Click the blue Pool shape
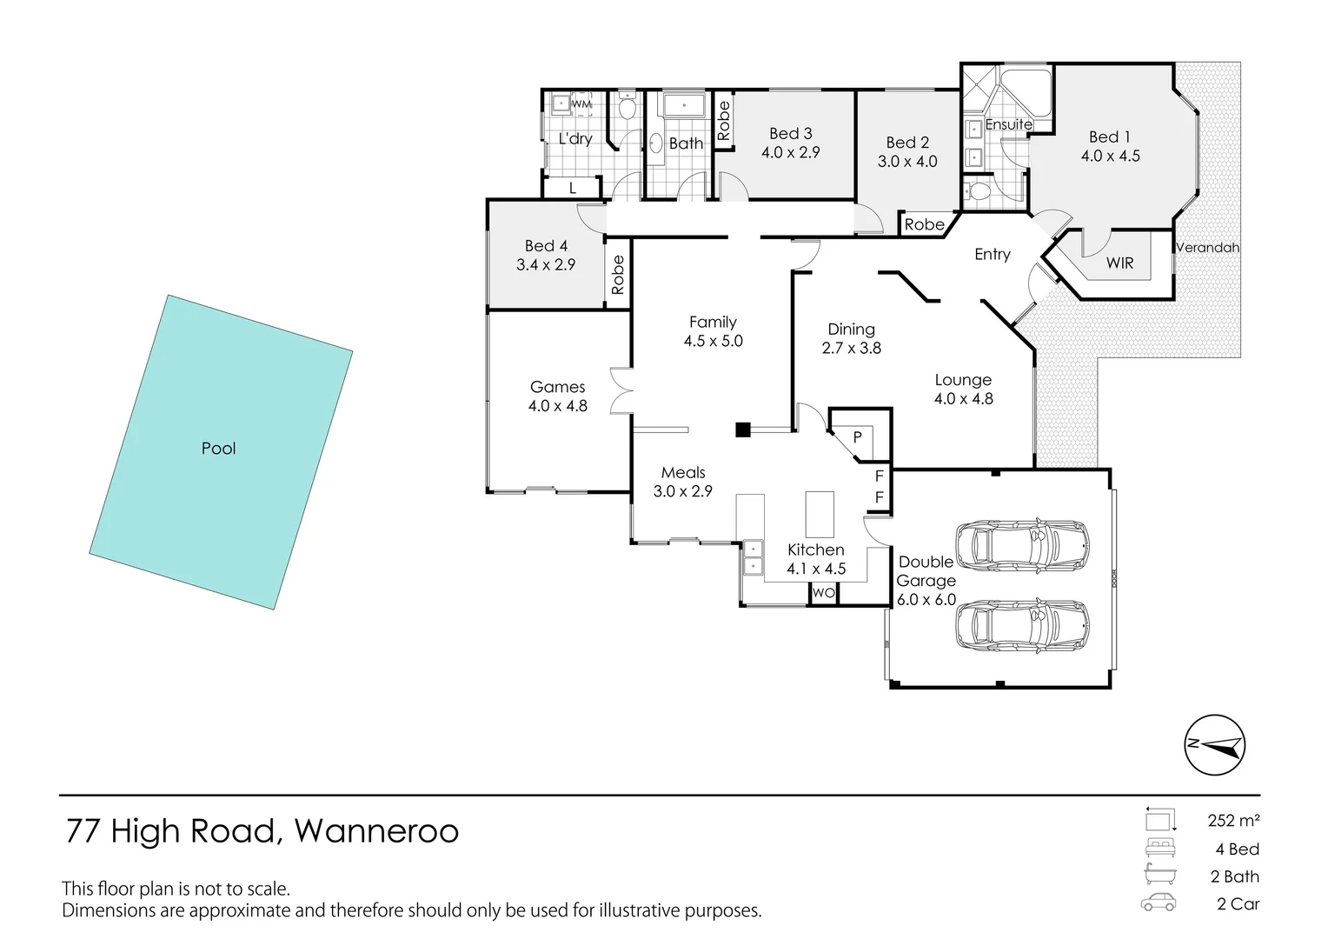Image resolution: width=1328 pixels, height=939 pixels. click(221, 452)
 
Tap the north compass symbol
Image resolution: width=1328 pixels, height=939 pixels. click(1214, 745)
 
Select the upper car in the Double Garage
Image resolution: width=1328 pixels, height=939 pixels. click(1021, 545)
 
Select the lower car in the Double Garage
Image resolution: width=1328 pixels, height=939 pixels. click(1021, 625)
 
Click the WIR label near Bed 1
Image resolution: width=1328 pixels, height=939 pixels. click(1119, 263)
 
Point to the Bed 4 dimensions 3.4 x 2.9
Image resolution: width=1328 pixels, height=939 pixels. click(546, 265)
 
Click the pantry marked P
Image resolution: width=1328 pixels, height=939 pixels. click(858, 436)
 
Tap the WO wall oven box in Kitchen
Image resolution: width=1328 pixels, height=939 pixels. click(823, 593)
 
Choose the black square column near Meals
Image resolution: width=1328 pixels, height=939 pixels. click(742, 430)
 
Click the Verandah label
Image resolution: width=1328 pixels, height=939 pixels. click(1207, 248)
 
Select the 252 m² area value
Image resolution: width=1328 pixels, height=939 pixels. click(1233, 820)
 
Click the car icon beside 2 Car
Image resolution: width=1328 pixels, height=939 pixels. click(1159, 903)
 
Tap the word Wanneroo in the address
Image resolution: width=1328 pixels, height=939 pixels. click(376, 832)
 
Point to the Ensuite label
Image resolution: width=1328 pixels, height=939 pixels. click(1008, 124)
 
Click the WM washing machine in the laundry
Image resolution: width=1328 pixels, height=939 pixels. click(581, 104)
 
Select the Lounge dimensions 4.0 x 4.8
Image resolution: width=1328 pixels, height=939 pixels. click(963, 399)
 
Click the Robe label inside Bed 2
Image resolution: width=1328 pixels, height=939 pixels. click(924, 224)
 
